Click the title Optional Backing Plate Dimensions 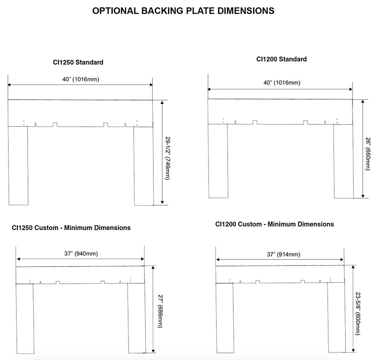click(183, 11)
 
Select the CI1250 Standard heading click(78, 62)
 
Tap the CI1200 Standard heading click(281, 59)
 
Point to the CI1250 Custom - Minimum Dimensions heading click(71, 228)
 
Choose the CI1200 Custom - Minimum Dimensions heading click(274, 224)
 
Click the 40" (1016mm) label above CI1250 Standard click(80, 79)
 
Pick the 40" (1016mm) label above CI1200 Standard click(282, 83)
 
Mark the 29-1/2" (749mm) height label click(168, 158)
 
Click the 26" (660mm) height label click(368, 154)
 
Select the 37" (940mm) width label click(81, 253)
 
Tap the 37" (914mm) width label click(283, 254)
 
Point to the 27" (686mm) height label click(160, 311)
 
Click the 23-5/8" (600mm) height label click(358, 313)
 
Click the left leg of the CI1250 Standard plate click(18, 166)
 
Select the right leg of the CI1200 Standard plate click(344, 161)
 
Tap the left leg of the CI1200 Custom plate click(225, 318)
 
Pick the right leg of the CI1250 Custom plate click(137, 318)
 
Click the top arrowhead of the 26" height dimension click(363, 101)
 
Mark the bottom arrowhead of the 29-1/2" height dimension click(162, 202)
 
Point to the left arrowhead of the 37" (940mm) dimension click(19, 259)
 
